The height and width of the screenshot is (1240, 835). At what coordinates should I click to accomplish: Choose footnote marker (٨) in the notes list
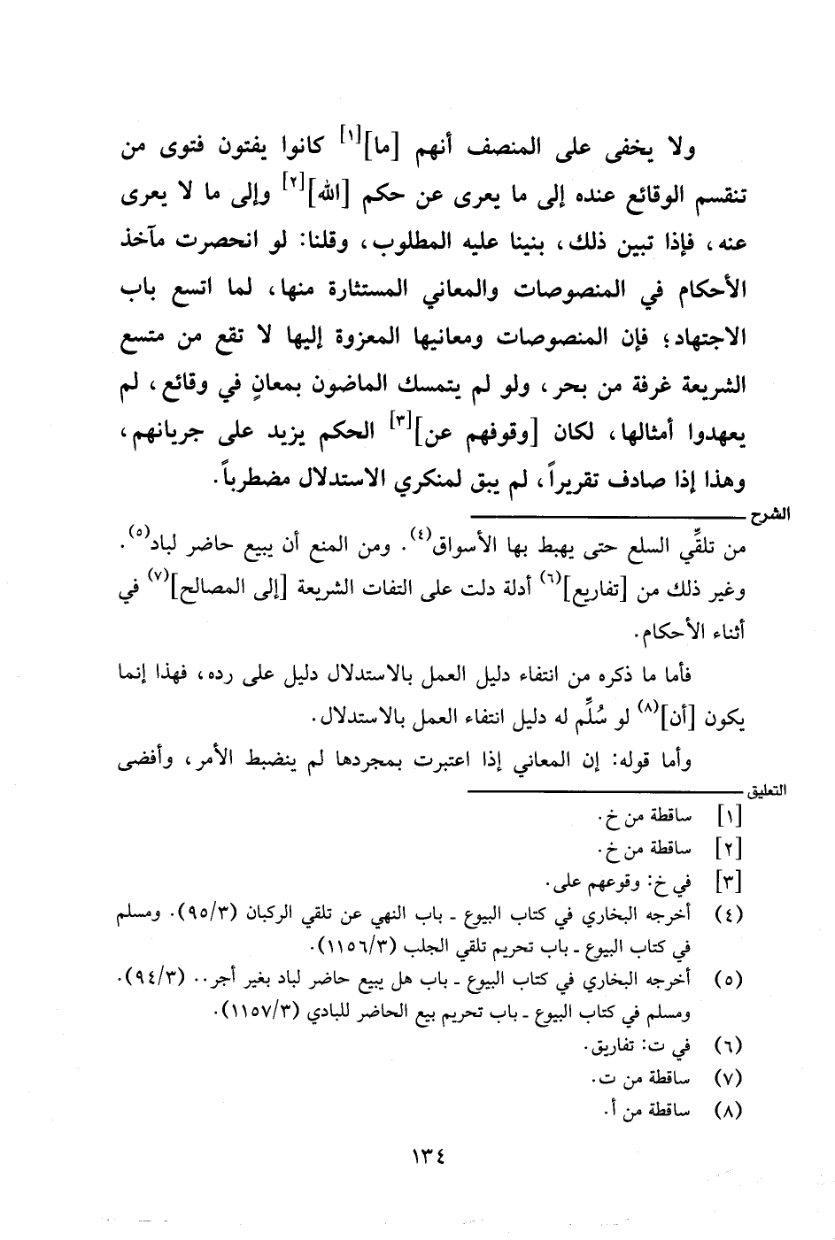pyautogui.click(x=727, y=1110)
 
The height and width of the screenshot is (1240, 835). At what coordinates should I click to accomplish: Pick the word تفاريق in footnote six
pyautogui.click(x=615, y=1047)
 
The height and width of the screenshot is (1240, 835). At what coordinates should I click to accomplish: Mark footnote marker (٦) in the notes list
pyautogui.click(x=727, y=1047)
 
